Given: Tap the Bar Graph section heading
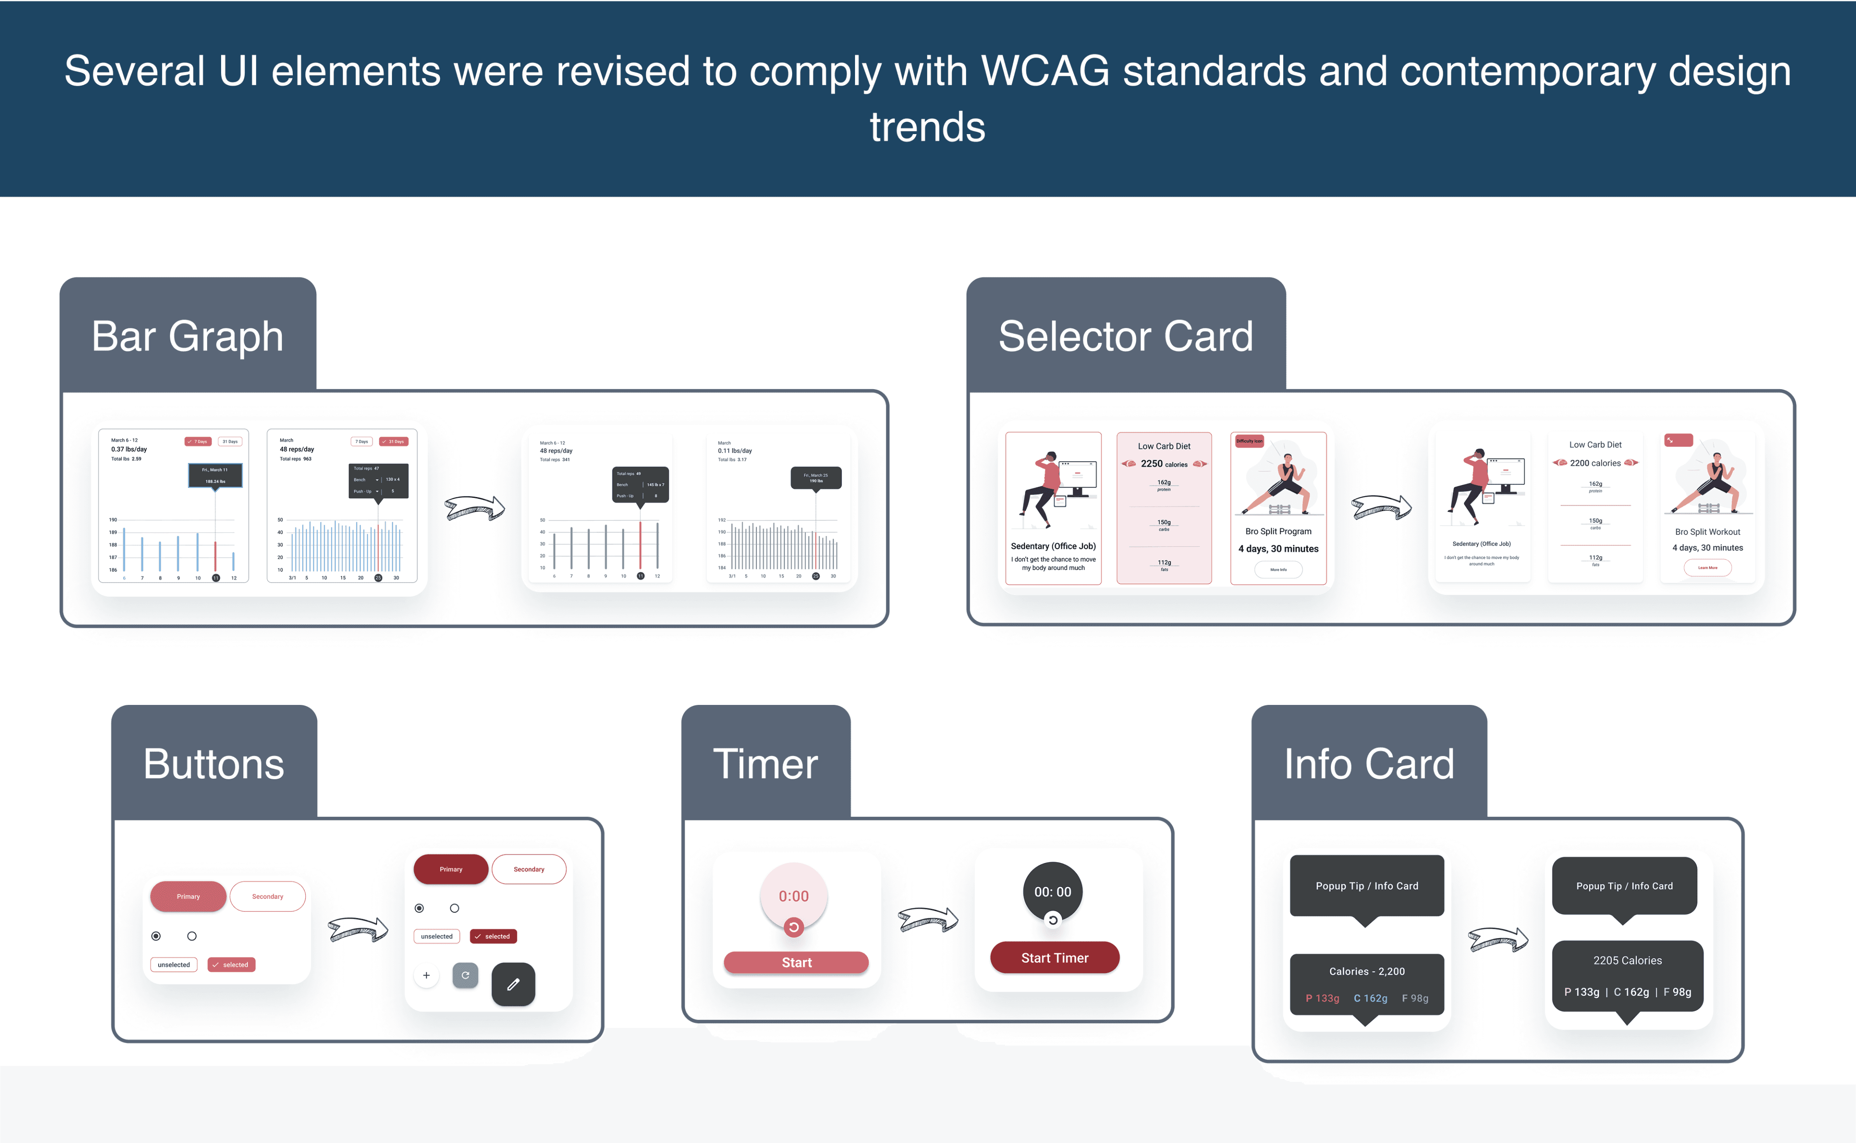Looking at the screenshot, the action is pos(188,337).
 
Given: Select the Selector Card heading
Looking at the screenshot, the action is pos(1125,337).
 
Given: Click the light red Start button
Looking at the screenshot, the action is pos(796,962).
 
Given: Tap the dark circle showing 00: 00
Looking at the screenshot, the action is pos(1052,892).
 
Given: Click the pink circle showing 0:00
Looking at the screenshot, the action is pos(794,896).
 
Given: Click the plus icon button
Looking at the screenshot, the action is pos(426,975).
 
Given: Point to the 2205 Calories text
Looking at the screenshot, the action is pos(1627,960).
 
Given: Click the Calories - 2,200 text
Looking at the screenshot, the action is pos(1367,971).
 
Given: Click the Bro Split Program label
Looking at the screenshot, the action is pos(1278,531).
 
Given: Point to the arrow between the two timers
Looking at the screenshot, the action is pos(928,920).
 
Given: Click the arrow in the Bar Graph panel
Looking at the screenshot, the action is pos(474,508).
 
